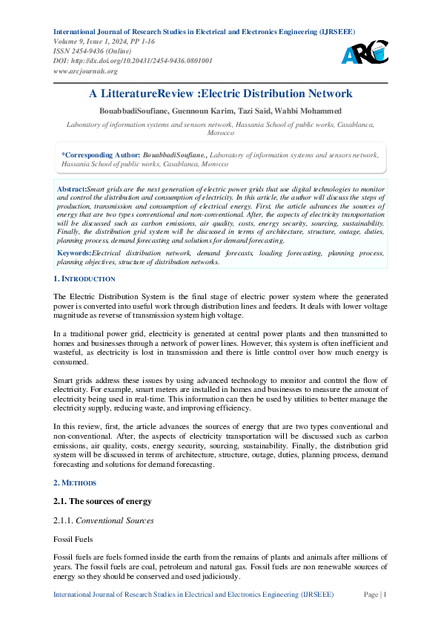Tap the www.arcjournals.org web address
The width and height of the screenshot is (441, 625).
point(85,71)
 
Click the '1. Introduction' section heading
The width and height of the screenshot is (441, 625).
point(84,278)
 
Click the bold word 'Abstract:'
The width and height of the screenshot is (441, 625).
point(72,190)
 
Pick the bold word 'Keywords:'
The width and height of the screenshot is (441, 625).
point(74,253)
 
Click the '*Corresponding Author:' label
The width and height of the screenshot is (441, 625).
point(99,154)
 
